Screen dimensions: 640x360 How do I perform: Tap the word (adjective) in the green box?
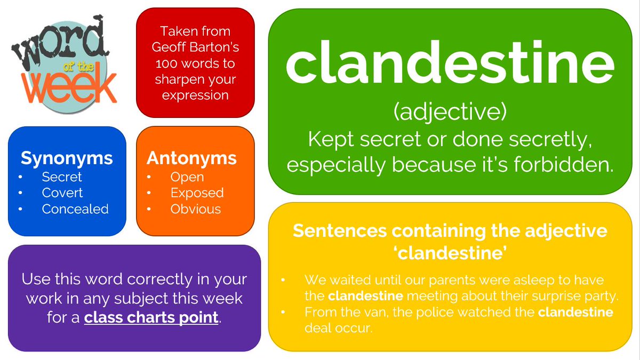[450, 112]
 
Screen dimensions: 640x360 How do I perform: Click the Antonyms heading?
[191, 158]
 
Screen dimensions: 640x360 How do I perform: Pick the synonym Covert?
[62, 193]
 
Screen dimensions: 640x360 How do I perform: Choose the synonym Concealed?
[75, 209]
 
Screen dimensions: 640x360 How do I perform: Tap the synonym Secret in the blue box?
[62, 177]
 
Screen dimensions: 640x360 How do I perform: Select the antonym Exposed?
[197, 194]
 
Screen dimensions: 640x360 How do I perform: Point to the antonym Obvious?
[196, 209]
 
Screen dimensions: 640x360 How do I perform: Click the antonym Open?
[187, 178]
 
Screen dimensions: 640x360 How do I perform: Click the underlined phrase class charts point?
[151, 318]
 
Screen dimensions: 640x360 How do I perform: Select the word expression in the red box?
[195, 95]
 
